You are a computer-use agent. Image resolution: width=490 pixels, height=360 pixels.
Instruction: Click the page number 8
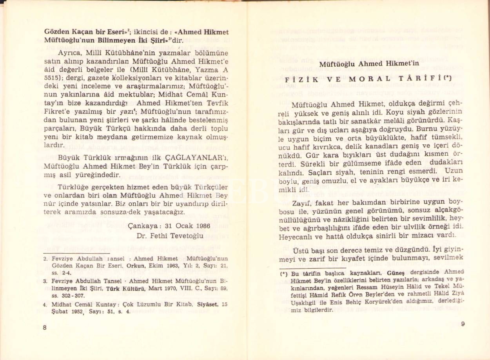click(45, 328)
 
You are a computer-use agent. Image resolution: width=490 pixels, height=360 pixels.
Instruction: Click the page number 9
click(463, 324)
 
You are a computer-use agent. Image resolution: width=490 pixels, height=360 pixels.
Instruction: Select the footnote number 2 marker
click(45, 258)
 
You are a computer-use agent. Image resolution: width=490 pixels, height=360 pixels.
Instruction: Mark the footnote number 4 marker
click(45, 304)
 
